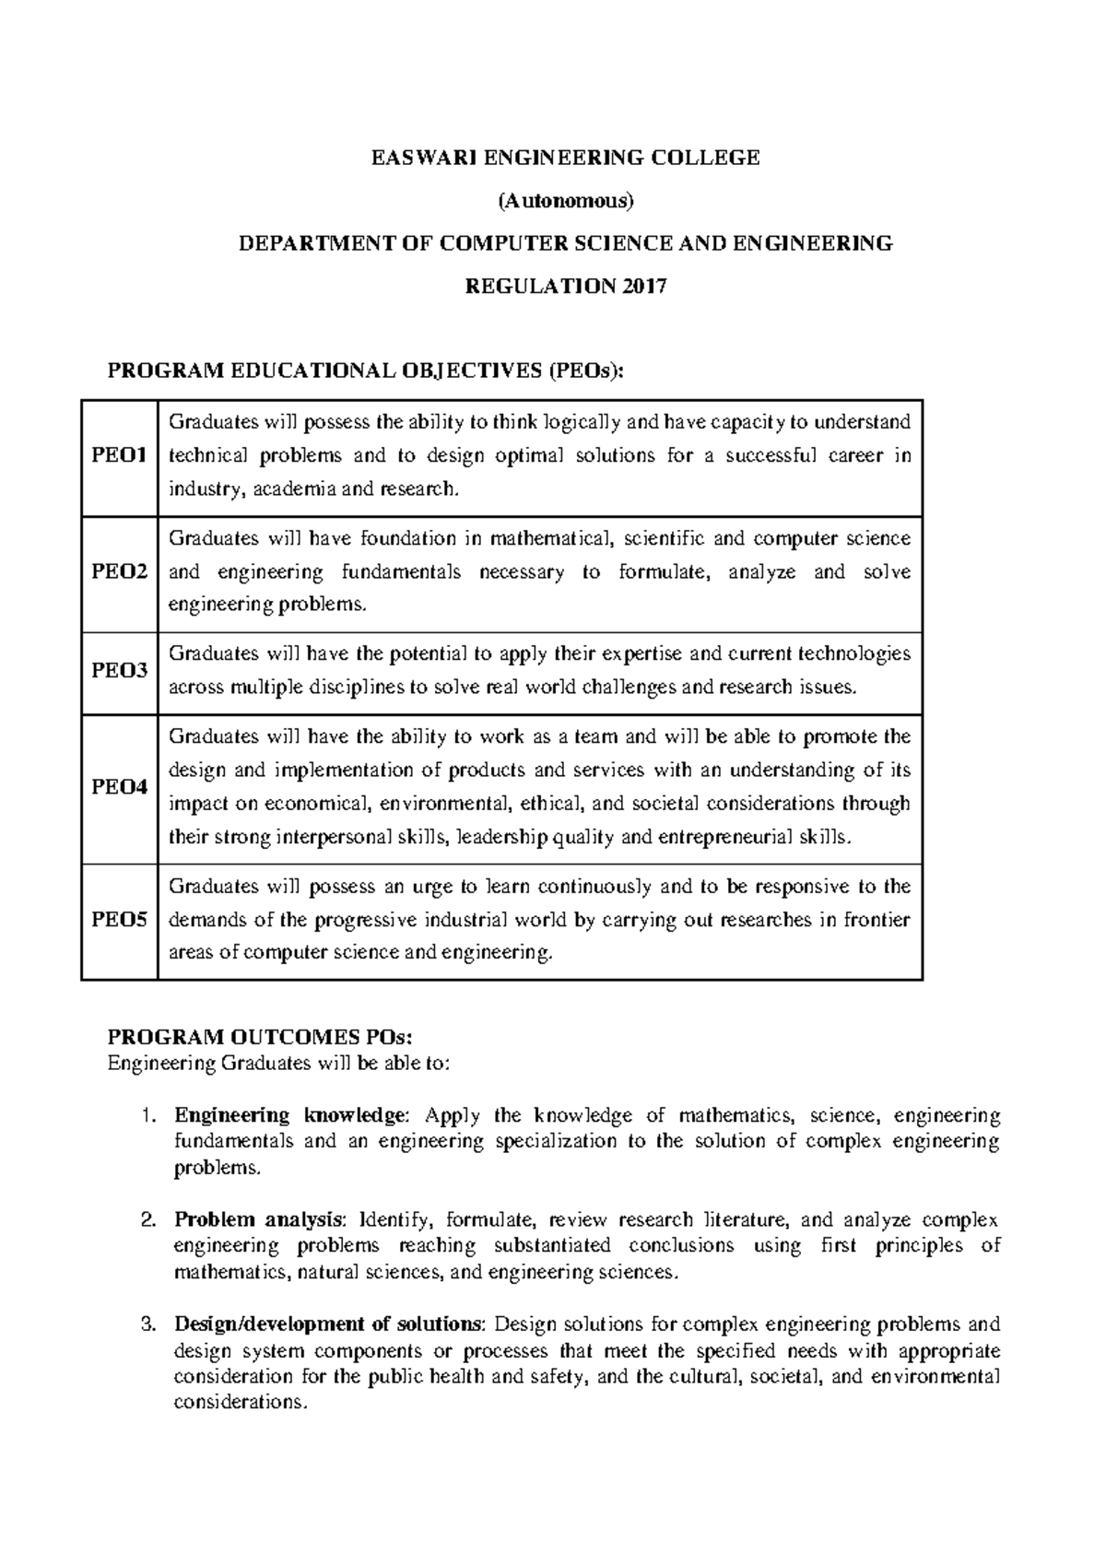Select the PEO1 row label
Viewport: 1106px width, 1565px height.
pos(119,456)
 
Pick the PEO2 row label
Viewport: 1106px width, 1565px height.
pos(119,572)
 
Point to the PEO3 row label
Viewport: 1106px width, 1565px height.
pos(119,671)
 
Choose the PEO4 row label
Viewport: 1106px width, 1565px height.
pos(119,787)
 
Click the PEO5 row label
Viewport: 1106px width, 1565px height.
pos(119,920)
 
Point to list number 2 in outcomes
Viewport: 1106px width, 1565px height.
pos(147,1220)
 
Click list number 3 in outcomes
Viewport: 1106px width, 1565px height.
pos(147,1324)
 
